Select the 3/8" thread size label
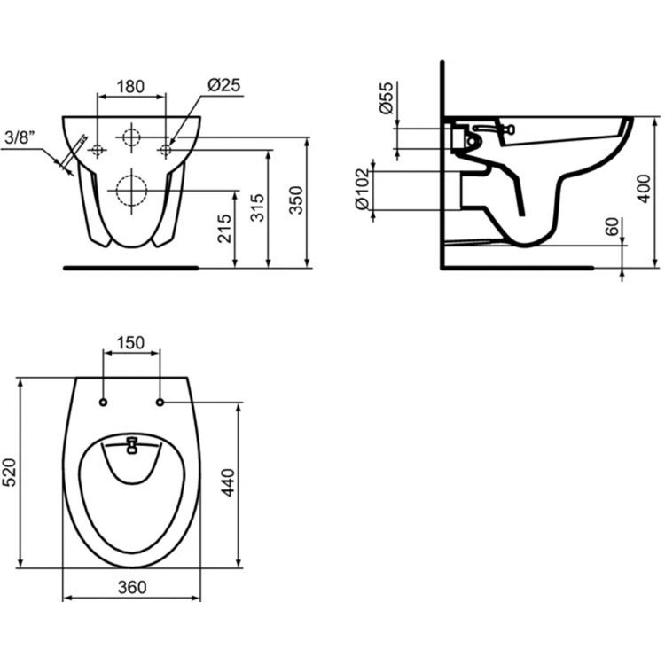20,137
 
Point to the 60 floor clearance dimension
611,227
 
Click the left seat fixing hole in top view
104,403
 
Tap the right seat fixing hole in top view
160,403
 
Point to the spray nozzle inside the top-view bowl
132,442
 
